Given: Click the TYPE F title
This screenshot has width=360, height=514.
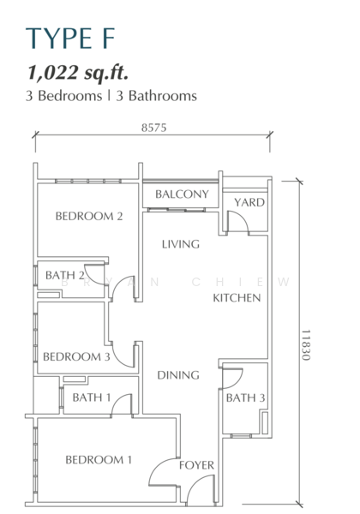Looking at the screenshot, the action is pyautogui.click(x=70, y=39).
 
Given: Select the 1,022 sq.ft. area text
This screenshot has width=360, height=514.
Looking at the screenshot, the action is pyautogui.click(x=78, y=73).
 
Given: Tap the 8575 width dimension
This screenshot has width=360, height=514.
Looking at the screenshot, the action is pyautogui.click(x=153, y=127).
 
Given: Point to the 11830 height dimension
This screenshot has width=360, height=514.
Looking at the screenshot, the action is pyautogui.click(x=306, y=345).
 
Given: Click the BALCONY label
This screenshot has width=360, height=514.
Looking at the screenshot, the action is pyautogui.click(x=182, y=194).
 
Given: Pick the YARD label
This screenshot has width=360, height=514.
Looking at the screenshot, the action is pyautogui.click(x=249, y=202).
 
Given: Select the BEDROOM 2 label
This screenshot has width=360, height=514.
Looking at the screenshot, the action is pyautogui.click(x=89, y=216).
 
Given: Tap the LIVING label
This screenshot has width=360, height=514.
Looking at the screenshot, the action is pyautogui.click(x=181, y=244).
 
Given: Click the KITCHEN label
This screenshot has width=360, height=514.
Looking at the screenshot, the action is pyautogui.click(x=237, y=297).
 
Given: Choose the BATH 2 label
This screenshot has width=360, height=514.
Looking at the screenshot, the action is pyautogui.click(x=65, y=275).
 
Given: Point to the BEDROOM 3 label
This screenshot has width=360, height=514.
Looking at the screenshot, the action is pyautogui.click(x=76, y=356).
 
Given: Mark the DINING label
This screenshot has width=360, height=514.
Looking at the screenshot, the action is pyautogui.click(x=178, y=375).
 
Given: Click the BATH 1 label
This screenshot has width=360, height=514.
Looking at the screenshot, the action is pyautogui.click(x=92, y=397).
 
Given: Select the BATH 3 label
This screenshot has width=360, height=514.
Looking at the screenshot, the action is pyautogui.click(x=245, y=397).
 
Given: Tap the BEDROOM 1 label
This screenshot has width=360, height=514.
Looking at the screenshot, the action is pyautogui.click(x=99, y=459).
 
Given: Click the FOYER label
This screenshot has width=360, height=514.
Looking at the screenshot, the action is pyautogui.click(x=196, y=465).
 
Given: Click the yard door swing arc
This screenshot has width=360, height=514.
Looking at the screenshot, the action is pyautogui.click(x=244, y=217).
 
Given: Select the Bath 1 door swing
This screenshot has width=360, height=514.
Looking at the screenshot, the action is pyautogui.click(x=117, y=399).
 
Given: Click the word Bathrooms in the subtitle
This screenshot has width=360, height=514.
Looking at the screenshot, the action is pyautogui.click(x=162, y=96).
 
